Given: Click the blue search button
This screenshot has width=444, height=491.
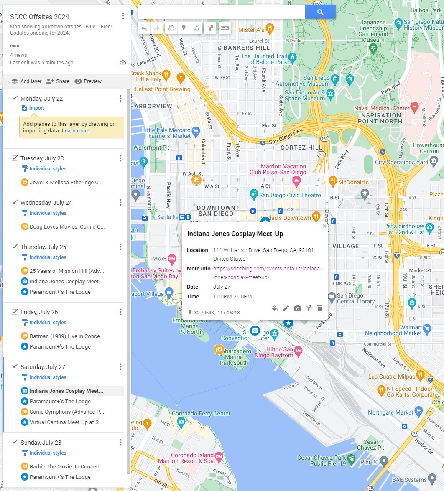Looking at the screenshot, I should pos(320,12).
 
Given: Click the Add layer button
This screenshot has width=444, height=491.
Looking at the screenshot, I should pos(26,81).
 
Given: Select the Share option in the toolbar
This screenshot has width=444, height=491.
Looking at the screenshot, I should pos(58,81).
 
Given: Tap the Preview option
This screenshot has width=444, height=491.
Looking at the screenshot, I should pos(88,81).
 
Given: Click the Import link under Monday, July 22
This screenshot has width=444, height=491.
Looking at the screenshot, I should pos(36,108).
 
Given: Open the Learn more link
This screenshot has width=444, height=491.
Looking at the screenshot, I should pos(75,131).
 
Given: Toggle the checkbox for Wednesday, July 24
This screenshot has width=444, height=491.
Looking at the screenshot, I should pos(15,203).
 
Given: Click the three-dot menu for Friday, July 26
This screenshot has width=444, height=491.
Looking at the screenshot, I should pos(120,312).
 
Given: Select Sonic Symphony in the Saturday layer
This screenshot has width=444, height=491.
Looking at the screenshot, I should pos(66,412).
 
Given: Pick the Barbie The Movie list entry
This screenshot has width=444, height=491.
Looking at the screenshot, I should pos(66,466).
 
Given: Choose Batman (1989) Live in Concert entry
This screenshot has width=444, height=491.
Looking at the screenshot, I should pos(66,336).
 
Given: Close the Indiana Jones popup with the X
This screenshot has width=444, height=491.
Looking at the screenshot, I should pos(324,226).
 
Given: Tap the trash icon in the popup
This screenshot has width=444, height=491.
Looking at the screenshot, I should pos(320,308).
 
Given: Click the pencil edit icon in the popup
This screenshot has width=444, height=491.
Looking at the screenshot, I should pos(286,308).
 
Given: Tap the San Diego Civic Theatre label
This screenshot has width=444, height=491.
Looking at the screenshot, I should pos(290,195).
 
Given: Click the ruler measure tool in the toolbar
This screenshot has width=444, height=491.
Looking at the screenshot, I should pos(225,28).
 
